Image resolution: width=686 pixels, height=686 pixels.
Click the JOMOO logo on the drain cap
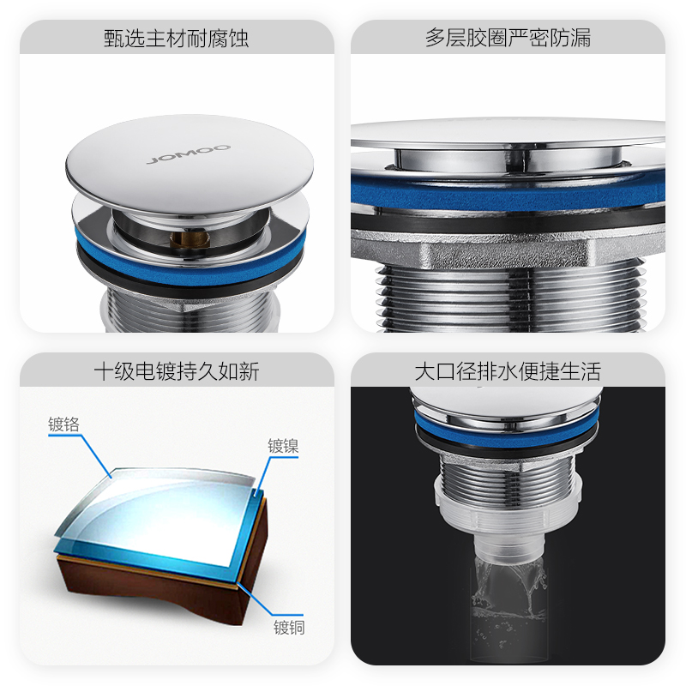coord(189,153)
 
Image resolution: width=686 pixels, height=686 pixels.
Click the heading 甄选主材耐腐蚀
coord(177,39)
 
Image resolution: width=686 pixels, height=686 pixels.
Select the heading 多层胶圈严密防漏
coord(508,38)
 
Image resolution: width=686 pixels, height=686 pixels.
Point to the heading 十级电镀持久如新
coord(177,371)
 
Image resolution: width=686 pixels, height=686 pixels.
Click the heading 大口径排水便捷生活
coord(508,371)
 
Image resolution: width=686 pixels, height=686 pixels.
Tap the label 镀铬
coord(63,424)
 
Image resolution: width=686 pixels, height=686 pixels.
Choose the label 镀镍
coord(283,446)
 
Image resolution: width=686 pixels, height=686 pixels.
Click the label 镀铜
coord(289,628)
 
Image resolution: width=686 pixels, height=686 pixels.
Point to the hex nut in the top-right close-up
coord(508,251)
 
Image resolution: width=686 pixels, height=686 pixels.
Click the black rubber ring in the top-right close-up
coord(508,221)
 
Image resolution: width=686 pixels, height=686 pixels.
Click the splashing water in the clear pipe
coord(508,591)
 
